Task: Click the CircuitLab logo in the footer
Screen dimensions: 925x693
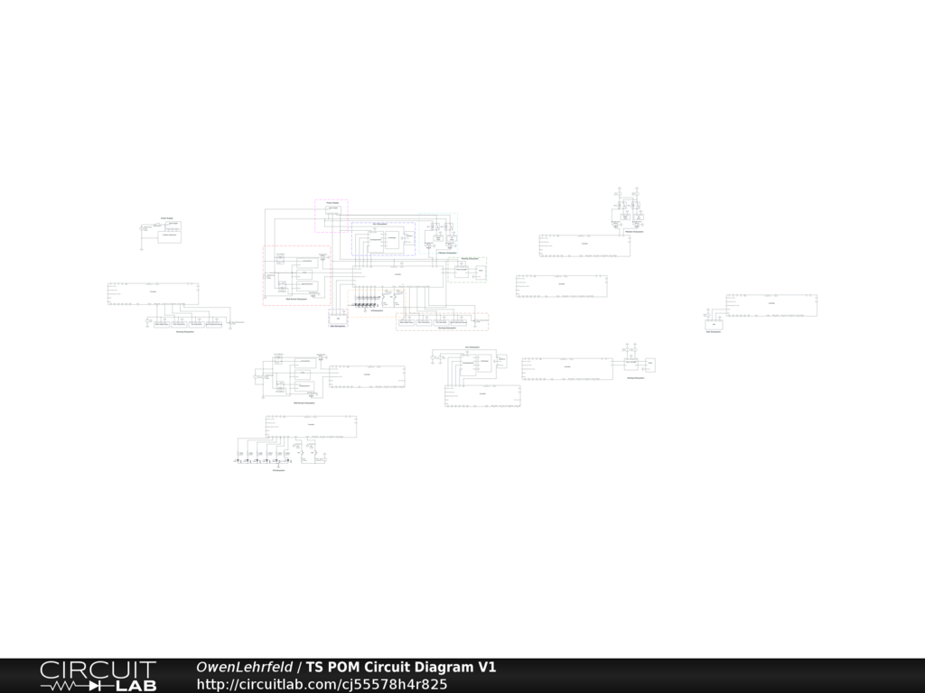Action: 98,675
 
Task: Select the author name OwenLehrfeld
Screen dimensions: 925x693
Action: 244,668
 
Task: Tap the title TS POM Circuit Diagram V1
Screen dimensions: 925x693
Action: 400,668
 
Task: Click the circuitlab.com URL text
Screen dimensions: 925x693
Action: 322,684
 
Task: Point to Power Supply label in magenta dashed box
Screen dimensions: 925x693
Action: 332,203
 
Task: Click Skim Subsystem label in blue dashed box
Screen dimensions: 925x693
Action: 381,223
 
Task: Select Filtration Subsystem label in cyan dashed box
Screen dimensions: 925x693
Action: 446,254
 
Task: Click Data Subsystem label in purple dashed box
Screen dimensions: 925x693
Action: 338,327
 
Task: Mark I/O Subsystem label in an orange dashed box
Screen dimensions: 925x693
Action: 377,311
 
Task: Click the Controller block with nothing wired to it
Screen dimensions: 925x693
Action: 561,286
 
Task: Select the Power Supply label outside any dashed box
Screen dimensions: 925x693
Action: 167,218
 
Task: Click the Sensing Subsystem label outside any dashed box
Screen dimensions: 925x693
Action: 187,331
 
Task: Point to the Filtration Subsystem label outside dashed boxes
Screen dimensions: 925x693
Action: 633,232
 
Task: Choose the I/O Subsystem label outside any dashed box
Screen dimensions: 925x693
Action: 279,470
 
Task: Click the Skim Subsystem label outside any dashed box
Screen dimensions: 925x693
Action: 472,346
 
